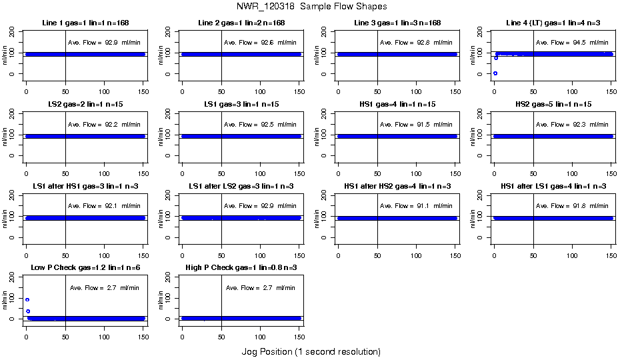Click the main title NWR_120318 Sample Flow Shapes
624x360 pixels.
311,7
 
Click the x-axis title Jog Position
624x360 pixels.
311,351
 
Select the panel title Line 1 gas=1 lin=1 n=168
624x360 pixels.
85,23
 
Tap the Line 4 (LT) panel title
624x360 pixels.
553,23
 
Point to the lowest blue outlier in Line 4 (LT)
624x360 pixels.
495,73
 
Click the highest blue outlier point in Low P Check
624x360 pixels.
27,300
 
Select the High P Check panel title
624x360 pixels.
241,269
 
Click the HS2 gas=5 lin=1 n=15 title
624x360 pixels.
553,105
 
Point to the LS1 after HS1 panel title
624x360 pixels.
85,187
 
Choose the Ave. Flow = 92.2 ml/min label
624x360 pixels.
104,125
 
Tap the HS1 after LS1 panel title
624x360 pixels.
553,187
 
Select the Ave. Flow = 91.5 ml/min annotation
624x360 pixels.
416,125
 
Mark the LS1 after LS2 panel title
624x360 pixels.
241,187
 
